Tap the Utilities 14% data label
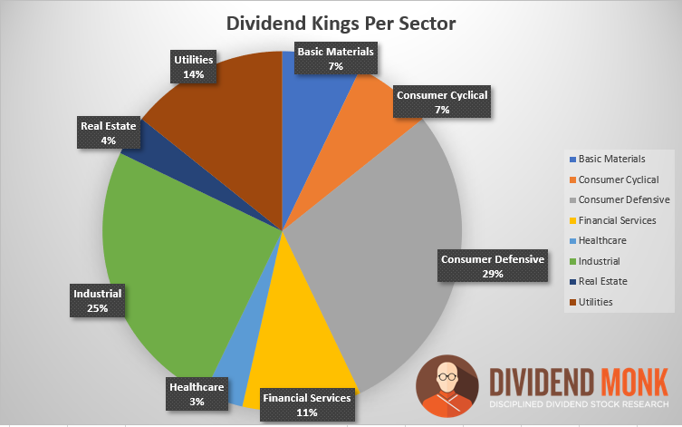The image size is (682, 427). tap(193, 67)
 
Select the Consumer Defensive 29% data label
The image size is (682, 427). tap(493, 267)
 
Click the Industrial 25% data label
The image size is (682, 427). tap(97, 301)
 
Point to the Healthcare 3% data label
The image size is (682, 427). tap(197, 393)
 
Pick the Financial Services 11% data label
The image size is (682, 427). tap(306, 405)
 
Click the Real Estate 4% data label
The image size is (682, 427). tap(108, 133)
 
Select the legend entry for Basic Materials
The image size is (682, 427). tap(611, 159)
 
